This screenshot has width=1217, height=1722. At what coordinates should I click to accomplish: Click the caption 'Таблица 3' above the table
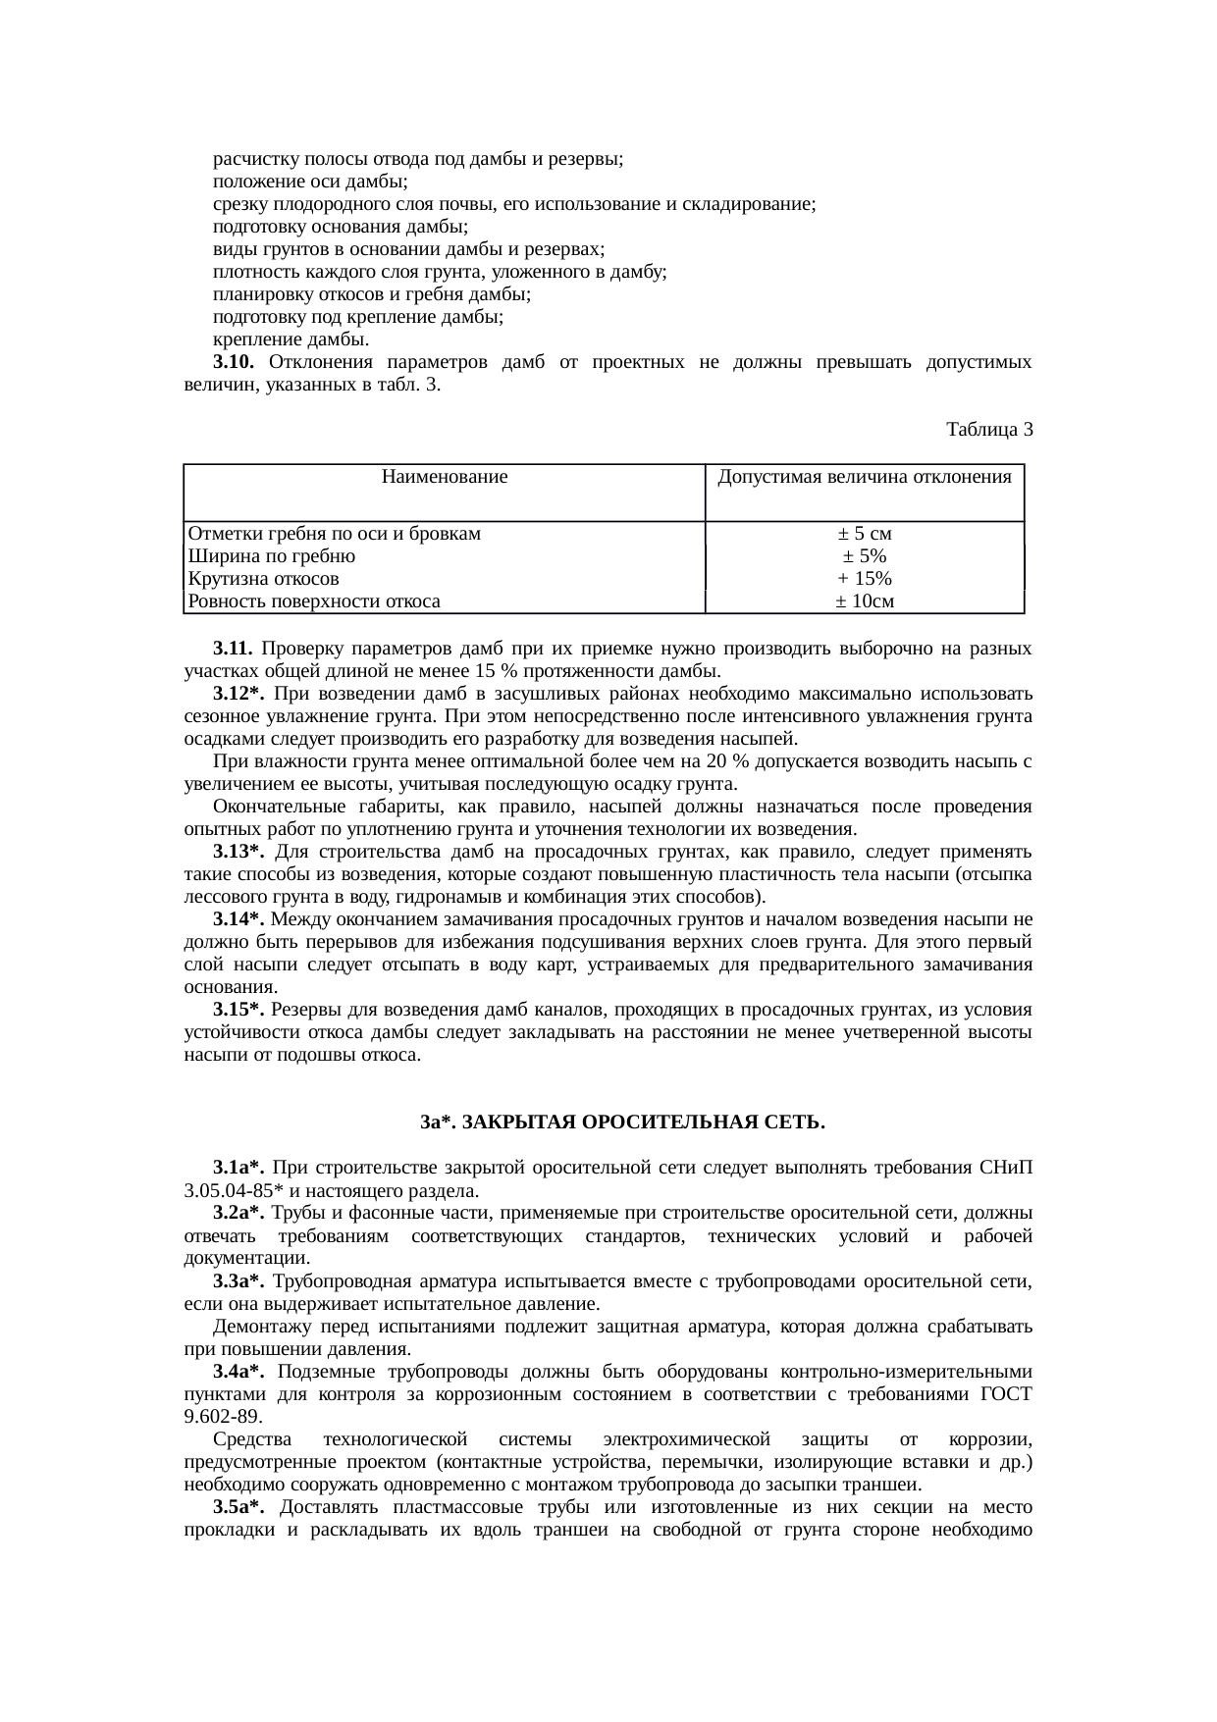[x=989, y=430]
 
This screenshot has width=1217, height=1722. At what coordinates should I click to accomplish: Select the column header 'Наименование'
[x=444, y=478]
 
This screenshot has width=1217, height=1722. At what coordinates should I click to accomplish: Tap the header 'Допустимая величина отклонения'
[x=865, y=478]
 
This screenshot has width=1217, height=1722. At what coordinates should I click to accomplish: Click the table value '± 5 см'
[x=865, y=534]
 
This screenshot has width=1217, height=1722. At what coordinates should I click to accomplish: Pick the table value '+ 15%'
[x=865, y=578]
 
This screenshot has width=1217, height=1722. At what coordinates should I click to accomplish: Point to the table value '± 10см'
[x=865, y=600]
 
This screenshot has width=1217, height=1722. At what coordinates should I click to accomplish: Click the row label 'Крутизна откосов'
[x=264, y=578]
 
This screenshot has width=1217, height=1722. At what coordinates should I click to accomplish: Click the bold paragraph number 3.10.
[x=234, y=363]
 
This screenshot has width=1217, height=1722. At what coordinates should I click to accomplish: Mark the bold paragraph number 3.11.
[x=234, y=649]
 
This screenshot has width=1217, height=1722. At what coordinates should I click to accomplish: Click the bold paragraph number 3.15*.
[x=238, y=1010]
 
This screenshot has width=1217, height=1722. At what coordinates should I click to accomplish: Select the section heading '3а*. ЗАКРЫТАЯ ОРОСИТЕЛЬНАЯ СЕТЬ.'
[x=622, y=1122]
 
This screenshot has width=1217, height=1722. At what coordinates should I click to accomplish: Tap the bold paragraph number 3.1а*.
[x=238, y=1168]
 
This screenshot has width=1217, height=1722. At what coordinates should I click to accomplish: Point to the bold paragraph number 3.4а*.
[x=238, y=1371]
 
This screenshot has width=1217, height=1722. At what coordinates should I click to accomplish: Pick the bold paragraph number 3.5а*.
[x=238, y=1507]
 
